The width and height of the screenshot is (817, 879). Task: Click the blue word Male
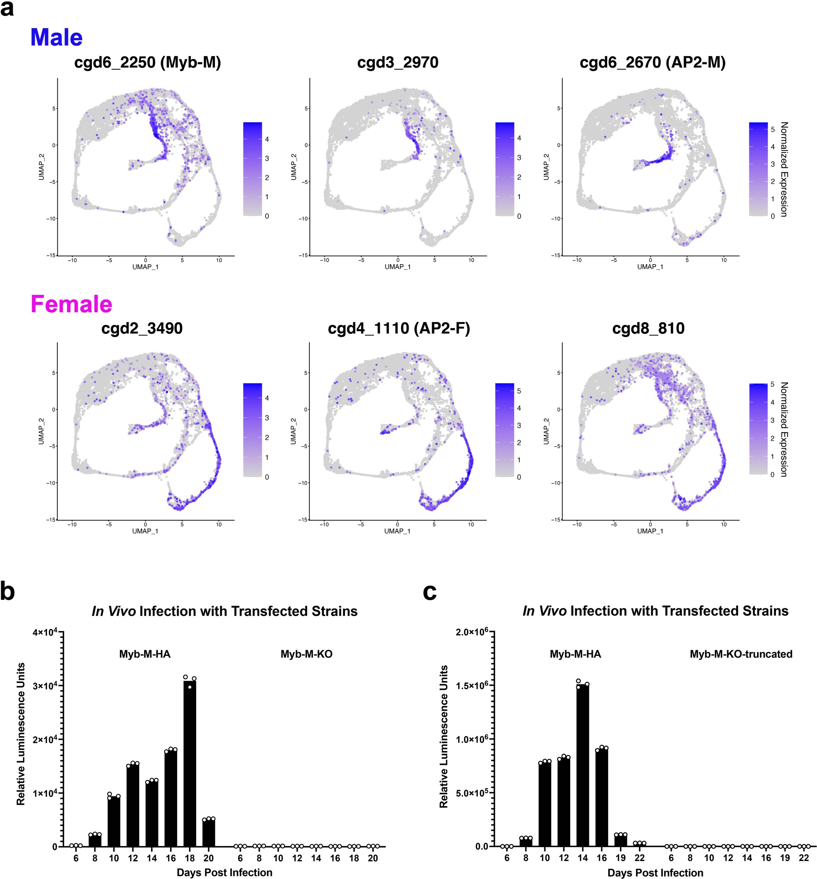tap(56, 38)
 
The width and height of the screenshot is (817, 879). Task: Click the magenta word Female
tap(71, 305)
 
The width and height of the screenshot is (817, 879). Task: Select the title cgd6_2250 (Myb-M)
tap(147, 62)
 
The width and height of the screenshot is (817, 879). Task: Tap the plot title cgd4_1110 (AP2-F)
tap(399, 328)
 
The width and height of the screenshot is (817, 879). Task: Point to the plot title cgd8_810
tap(648, 328)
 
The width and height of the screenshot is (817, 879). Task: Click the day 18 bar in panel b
tap(190, 764)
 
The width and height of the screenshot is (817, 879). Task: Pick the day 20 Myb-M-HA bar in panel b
tap(209, 833)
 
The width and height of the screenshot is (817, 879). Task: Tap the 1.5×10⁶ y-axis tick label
tap(472, 685)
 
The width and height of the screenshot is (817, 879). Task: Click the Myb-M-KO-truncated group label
tap(741, 654)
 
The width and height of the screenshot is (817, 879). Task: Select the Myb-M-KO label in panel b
tap(306, 654)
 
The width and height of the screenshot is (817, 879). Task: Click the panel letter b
tap(8, 592)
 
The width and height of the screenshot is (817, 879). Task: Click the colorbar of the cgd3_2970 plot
tap(504, 169)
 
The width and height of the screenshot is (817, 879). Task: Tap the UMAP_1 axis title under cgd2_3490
tap(145, 531)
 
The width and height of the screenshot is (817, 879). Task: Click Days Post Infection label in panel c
tap(655, 872)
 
